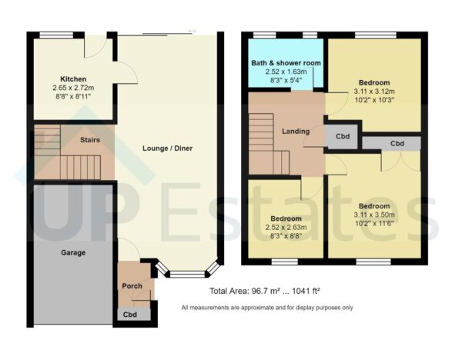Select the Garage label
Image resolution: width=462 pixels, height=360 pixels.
pyautogui.click(x=73, y=252)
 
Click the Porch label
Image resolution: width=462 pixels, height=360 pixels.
pyautogui.click(x=132, y=286)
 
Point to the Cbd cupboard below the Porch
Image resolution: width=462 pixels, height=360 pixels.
pyautogui.click(x=123, y=314)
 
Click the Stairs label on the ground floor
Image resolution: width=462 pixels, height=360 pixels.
pyautogui.click(x=91, y=140)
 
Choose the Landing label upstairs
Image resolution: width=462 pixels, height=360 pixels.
pyautogui.click(x=296, y=132)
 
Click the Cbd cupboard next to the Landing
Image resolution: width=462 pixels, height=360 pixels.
pyautogui.click(x=340, y=136)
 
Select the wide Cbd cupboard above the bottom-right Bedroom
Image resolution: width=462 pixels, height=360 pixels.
pyautogui.click(x=397, y=143)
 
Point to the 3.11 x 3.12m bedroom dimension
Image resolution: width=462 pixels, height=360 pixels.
pyautogui.click(x=373, y=92)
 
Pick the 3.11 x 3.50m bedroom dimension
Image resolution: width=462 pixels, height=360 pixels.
pyautogui.click(x=373, y=216)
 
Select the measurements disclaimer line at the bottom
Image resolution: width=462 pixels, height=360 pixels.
pyautogui.click(x=267, y=308)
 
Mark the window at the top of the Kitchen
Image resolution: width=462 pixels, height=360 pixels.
pyautogui.click(x=53, y=35)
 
